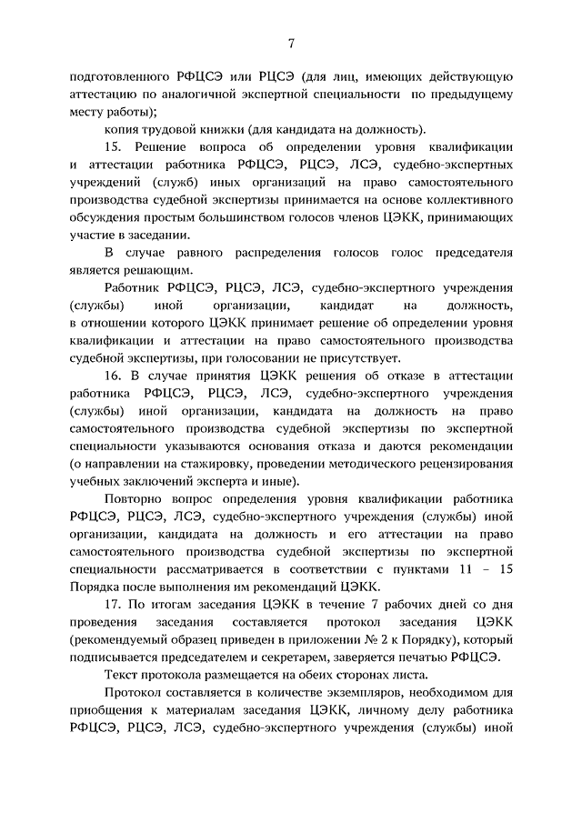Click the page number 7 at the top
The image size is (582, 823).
pyautogui.click(x=291, y=42)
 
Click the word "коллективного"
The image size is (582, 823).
pyautogui.click(x=458, y=200)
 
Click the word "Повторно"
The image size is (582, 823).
pyautogui.click(x=136, y=500)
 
